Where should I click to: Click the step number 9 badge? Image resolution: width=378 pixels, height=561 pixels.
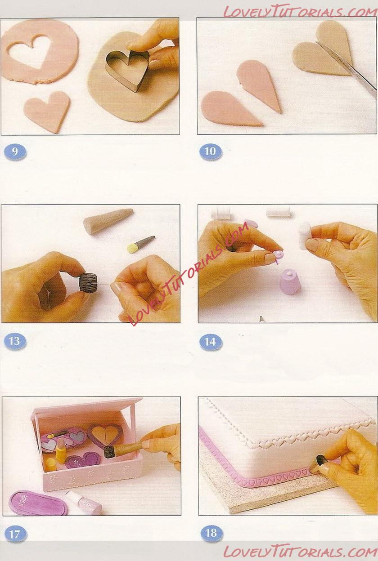click(15, 152)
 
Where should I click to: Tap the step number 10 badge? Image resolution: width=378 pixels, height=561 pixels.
click(211, 151)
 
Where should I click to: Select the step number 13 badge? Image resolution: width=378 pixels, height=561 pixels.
click(15, 341)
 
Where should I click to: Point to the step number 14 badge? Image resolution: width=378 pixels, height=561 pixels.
click(211, 342)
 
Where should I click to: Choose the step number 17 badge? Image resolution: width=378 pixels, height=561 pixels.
click(15, 533)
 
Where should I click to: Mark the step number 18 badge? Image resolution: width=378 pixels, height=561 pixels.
click(211, 532)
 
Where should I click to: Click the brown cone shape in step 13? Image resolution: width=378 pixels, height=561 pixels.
click(108, 221)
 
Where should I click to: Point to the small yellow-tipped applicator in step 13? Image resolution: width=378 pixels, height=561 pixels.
click(141, 244)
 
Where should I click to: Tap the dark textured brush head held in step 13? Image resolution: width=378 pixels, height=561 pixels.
click(88, 282)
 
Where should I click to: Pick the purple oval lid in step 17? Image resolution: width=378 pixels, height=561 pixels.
click(38, 499)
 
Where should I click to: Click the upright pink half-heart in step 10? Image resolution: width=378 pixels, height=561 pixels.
click(259, 85)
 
